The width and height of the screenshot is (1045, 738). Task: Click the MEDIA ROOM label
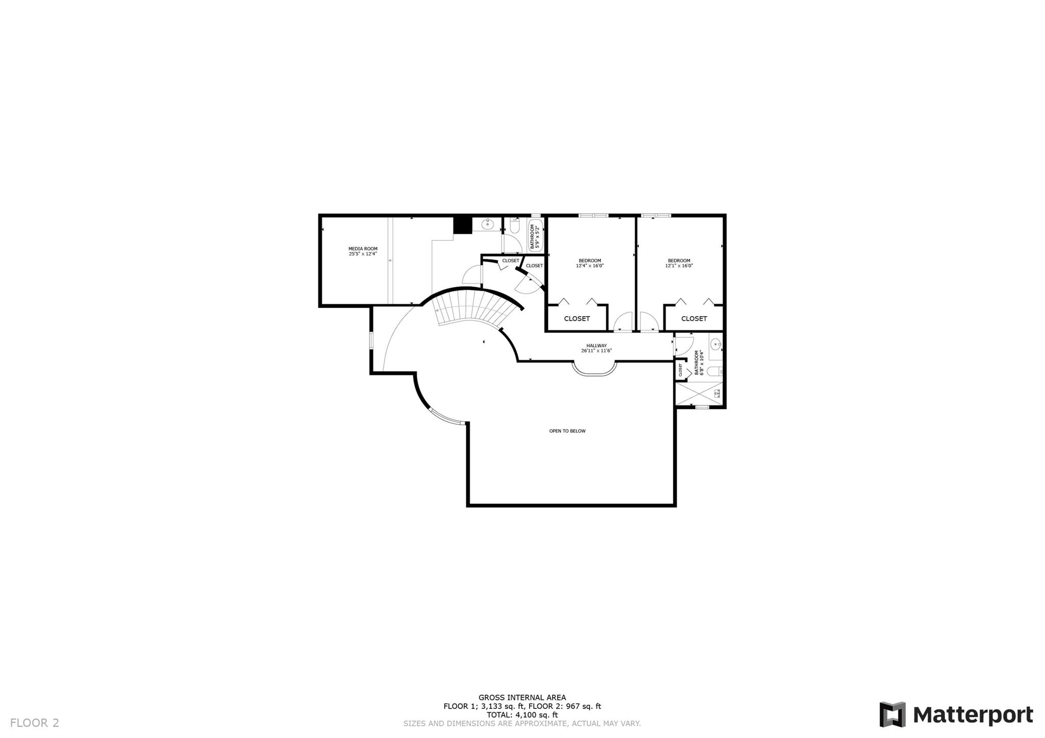(x=363, y=249)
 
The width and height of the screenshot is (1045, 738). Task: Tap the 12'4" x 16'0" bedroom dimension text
(x=589, y=266)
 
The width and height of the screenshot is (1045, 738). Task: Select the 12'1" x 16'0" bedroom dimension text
(x=679, y=266)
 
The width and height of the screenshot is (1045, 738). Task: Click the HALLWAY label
(x=596, y=345)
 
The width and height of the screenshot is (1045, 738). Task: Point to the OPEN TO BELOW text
(x=567, y=431)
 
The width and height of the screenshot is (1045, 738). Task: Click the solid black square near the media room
(x=463, y=225)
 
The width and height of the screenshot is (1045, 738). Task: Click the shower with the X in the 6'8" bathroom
(x=698, y=393)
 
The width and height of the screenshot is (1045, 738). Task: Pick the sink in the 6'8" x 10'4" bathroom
(x=716, y=344)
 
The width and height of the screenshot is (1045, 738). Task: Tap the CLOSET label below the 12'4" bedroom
(x=577, y=319)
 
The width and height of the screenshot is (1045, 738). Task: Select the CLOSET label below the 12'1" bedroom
(x=694, y=319)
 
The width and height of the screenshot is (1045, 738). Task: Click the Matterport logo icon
(x=892, y=715)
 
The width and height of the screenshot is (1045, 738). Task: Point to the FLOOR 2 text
(x=35, y=723)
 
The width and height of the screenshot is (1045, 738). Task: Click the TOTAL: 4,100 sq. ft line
(x=522, y=715)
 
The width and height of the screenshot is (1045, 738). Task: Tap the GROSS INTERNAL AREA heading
(x=522, y=698)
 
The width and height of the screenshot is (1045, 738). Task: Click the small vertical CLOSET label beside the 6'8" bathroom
(x=680, y=369)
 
